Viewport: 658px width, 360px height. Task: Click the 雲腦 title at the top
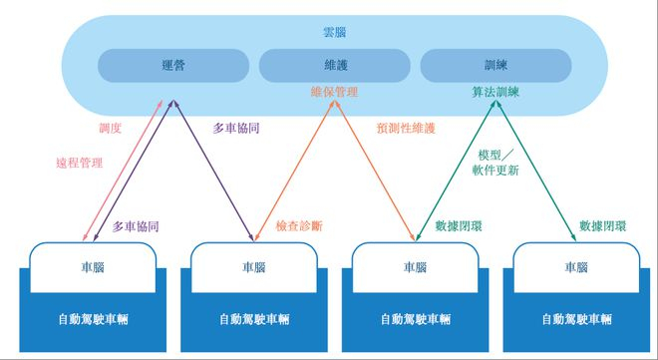point(329,33)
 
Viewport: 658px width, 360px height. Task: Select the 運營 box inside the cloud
point(172,65)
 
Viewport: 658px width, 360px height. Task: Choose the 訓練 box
point(495,65)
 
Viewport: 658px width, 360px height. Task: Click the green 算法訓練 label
point(495,93)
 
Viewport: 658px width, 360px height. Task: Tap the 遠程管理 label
point(78,162)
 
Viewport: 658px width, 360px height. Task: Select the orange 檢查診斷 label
point(299,226)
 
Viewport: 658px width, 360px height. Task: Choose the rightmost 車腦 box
point(576,267)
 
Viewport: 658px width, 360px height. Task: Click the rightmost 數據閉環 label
point(604,226)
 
